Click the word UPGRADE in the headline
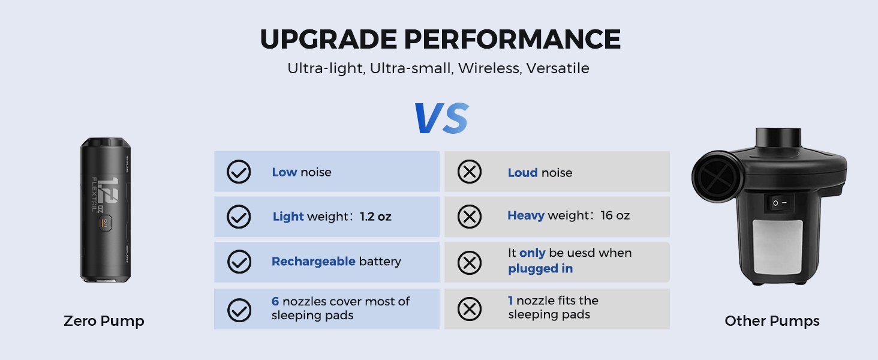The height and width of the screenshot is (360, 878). (x=329, y=39)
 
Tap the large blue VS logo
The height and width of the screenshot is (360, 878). (x=441, y=118)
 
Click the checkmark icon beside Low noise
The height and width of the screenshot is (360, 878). (x=239, y=172)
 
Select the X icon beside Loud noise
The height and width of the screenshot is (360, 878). (x=469, y=172)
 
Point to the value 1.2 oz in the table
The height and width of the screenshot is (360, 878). (x=375, y=217)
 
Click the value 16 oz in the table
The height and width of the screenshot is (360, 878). (x=615, y=215)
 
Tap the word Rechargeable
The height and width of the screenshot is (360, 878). (x=313, y=262)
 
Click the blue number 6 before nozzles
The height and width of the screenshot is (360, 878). (x=275, y=301)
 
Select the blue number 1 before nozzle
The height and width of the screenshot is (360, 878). (x=510, y=301)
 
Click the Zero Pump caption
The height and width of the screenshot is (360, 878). (x=104, y=321)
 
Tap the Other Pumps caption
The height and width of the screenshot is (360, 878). (x=772, y=321)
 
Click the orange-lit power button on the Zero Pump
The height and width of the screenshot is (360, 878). (x=105, y=223)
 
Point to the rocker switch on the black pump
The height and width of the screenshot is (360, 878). (x=780, y=203)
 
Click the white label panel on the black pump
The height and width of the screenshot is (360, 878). (x=778, y=247)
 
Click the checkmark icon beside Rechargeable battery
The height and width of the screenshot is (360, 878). (x=239, y=262)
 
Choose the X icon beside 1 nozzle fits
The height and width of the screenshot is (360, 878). (x=469, y=308)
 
